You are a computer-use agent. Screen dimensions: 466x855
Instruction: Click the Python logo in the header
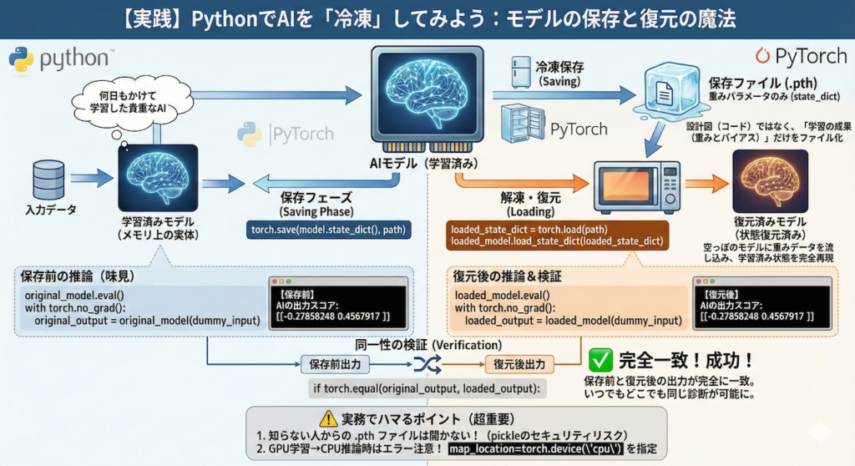point(21,59)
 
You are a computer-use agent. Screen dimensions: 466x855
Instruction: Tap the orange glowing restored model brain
point(769,181)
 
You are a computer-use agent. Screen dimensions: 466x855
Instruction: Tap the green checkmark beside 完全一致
point(600,360)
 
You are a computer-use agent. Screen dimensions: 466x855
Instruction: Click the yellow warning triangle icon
point(327,420)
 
